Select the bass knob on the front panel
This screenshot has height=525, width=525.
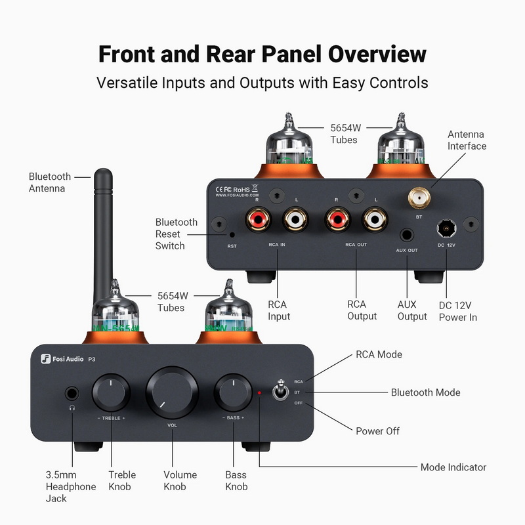pyautogui.click(x=233, y=392)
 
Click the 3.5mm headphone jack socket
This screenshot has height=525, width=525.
pyautogui.click(x=72, y=394)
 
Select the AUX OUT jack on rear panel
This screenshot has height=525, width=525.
pyautogui.click(x=408, y=234)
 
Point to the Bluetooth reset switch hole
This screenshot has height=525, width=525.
pyautogui.click(x=232, y=234)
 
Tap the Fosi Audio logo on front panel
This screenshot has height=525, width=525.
pyautogui.click(x=62, y=358)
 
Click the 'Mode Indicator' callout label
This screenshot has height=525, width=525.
pyautogui.click(x=453, y=467)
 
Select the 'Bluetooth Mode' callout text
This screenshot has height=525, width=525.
pyautogui.click(x=425, y=392)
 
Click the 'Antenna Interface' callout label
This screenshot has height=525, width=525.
pyautogui.click(x=467, y=140)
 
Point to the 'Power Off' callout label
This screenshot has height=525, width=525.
pyautogui.click(x=377, y=431)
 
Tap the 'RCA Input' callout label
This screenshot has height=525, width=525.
pyautogui.click(x=279, y=310)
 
